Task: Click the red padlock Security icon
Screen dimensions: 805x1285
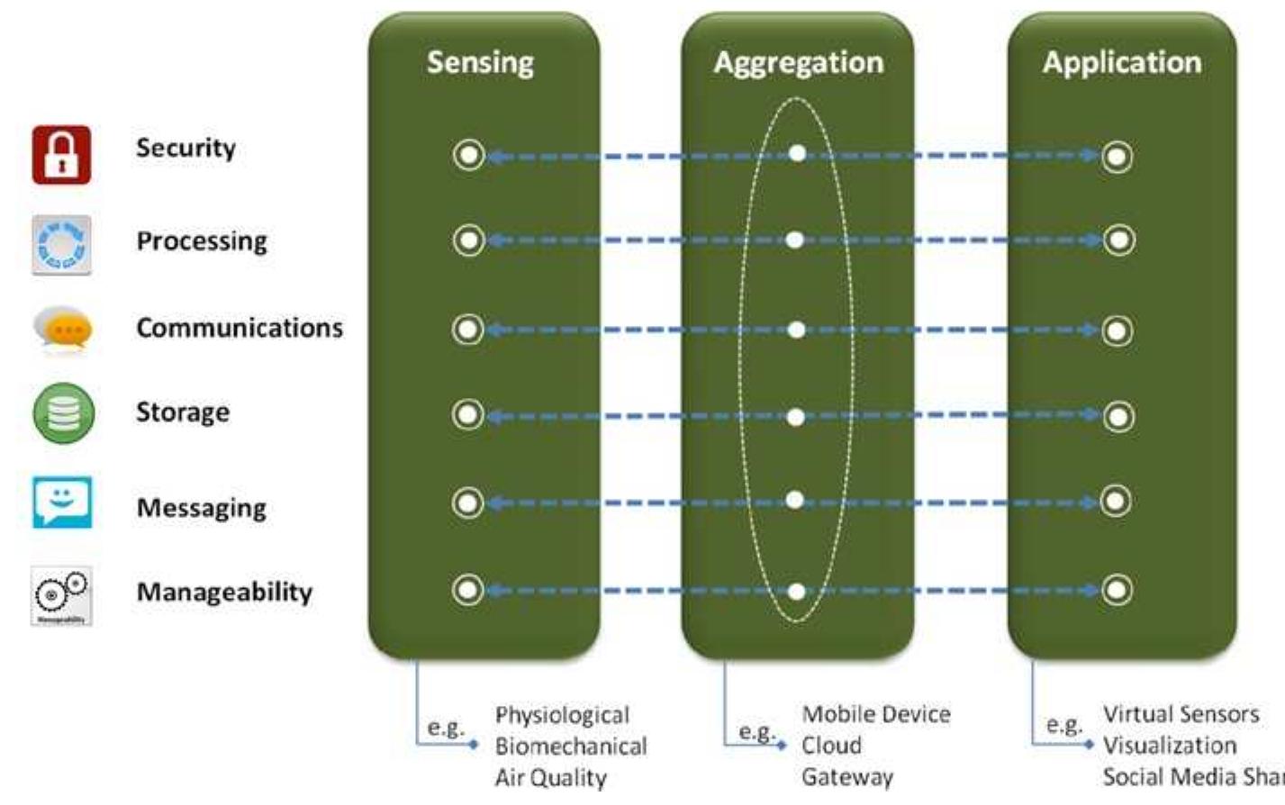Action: click(x=61, y=155)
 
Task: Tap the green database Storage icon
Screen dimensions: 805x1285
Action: click(x=63, y=413)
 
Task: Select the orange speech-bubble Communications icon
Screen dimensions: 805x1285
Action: click(x=62, y=329)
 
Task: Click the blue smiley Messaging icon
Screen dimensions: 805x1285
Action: click(x=62, y=502)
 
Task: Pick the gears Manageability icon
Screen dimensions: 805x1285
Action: click(x=61, y=593)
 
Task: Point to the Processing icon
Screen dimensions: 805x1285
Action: click(x=61, y=244)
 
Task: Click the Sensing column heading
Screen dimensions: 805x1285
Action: click(x=480, y=62)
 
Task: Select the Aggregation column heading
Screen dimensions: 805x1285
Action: click(x=798, y=62)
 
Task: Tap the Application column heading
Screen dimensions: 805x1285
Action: click(x=1121, y=62)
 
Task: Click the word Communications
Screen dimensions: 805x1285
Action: click(x=240, y=328)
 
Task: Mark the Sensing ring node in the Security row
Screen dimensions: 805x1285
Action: click(x=468, y=156)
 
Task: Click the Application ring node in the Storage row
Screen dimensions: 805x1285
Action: click(x=1118, y=416)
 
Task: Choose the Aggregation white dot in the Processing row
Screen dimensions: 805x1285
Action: click(x=794, y=240)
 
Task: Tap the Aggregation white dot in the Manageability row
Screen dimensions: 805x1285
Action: click(x=796, y=592)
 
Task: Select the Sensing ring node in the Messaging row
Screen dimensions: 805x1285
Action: click(x=468, y=502)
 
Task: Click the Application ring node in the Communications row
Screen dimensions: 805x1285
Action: click(x=1118, y=330)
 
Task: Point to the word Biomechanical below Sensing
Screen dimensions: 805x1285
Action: click(x=571, y=746)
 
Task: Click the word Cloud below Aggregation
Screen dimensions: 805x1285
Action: click(x=832, y=746)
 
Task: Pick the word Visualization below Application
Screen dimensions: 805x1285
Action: click(x=1170, y=746)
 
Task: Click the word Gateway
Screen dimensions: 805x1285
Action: click(x=847, y=776)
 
